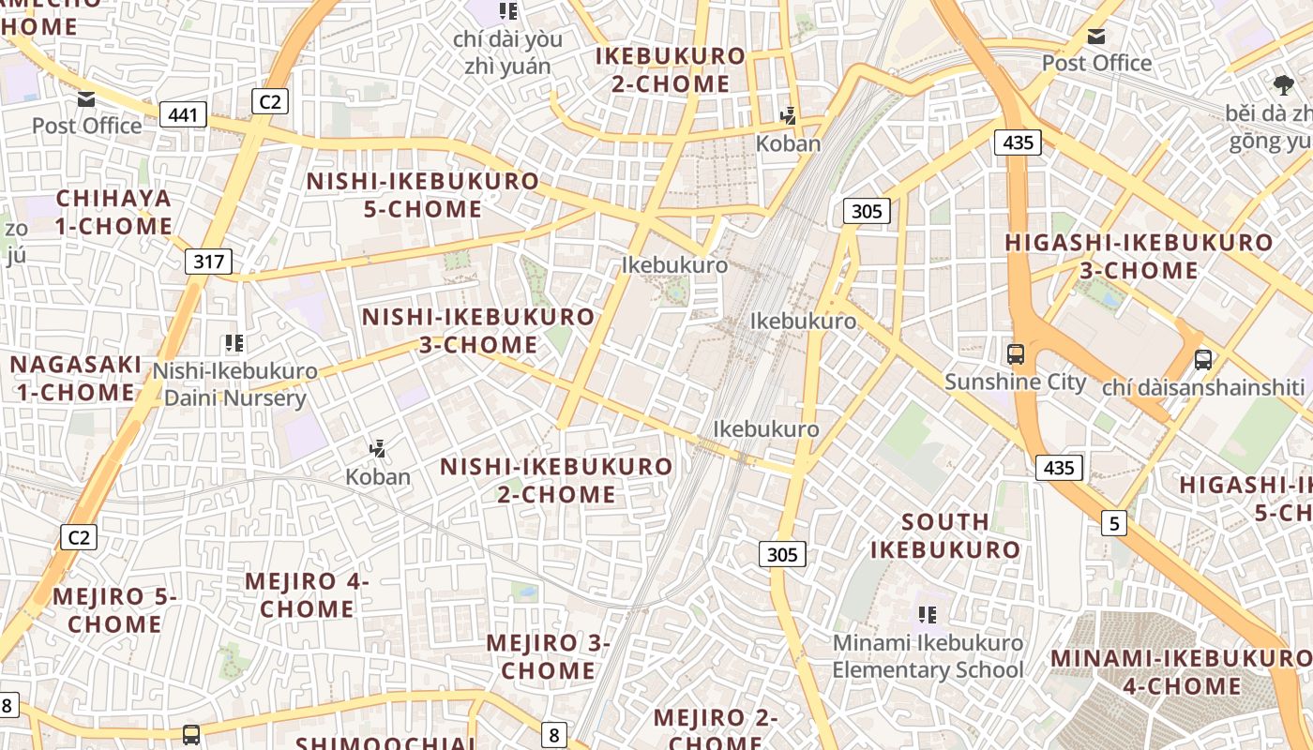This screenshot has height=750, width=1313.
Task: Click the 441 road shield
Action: [184, 115]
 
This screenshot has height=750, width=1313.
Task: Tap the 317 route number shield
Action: [208, 261]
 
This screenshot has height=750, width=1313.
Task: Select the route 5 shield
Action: [1113, 523]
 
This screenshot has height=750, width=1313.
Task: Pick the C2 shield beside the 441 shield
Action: [269, 101]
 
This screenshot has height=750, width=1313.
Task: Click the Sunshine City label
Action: [1015, 382]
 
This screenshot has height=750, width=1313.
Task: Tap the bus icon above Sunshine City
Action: [1016, 354]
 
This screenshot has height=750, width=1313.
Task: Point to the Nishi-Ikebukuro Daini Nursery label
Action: [235, 384]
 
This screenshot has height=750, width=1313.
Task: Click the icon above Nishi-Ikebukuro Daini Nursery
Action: [234, 344]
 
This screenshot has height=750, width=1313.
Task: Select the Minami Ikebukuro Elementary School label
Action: [928, 656]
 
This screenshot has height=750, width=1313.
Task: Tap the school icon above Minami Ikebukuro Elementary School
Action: [928, 615]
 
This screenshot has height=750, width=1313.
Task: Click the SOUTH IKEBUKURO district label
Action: [944, 535]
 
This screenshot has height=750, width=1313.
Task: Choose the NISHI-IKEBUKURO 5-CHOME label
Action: [423, 195]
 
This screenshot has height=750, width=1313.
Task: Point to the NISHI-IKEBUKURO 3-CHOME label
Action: [478, 331]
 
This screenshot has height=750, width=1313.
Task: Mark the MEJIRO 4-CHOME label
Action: [308, 595]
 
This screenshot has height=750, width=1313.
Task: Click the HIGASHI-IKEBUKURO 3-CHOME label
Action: [1139, 256]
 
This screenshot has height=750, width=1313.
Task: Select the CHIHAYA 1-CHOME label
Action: [113, 212]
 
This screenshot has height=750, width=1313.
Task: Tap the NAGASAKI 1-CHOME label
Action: [76, 378]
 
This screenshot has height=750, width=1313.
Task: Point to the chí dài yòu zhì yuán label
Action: [507, 52]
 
